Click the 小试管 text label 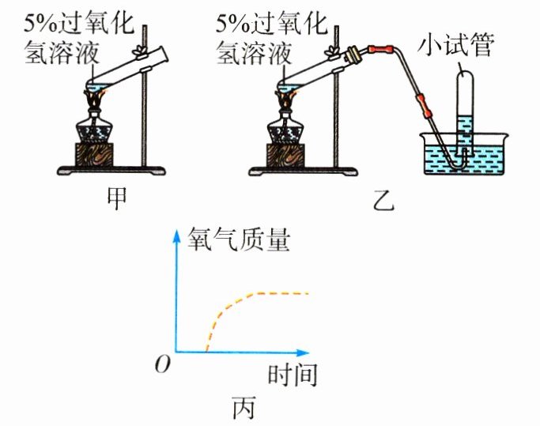[x=458, y=47]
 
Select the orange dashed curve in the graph [x=237, y=301]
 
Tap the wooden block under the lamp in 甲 [x=95, y=153]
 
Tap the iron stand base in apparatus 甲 [x=111, y=169]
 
